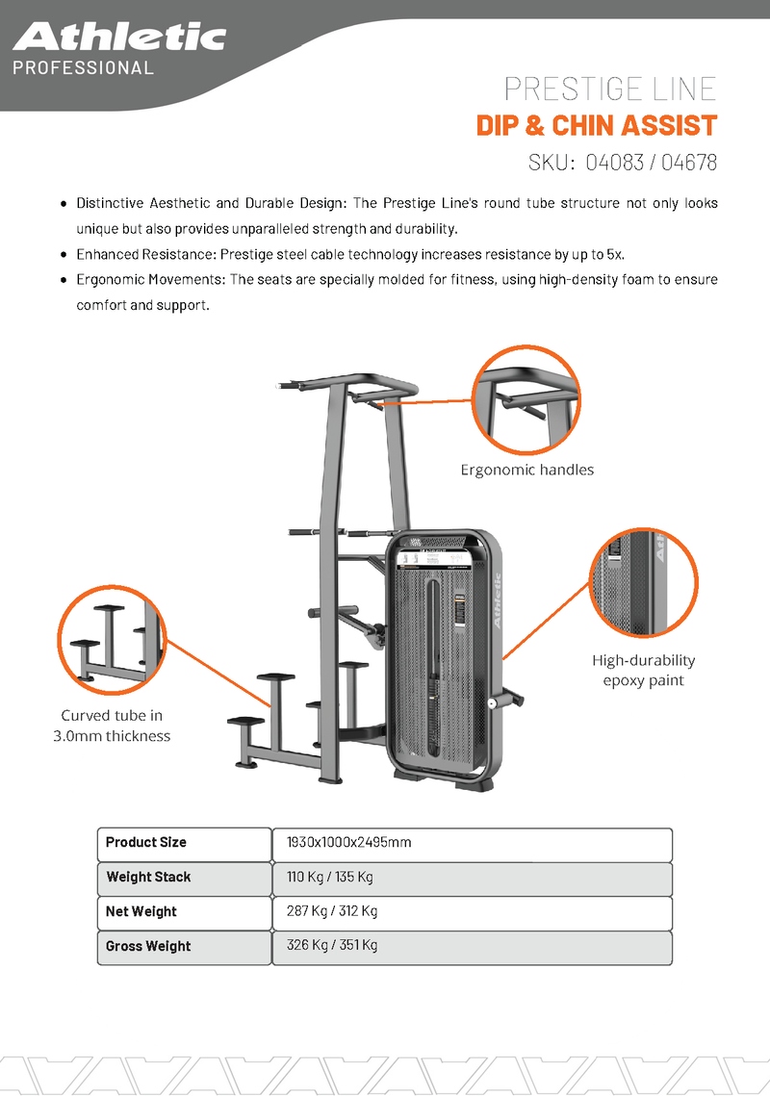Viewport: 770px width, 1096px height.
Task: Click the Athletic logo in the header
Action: [x=119, y=38]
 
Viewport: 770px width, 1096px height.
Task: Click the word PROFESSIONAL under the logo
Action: [x=83, y=68]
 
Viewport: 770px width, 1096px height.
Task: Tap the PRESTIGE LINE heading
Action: [x=610, y=89]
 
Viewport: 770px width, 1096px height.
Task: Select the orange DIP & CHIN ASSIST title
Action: [x=597, y=126]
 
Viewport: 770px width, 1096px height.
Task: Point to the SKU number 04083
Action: [x=613, y=163]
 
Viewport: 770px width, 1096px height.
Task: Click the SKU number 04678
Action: [x=688, y=163]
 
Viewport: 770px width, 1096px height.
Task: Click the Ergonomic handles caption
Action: [x=526, y=470]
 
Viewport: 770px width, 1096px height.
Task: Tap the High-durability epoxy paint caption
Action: [x=643, y=671]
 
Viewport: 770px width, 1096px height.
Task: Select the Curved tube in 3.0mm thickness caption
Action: [x=111, y=726]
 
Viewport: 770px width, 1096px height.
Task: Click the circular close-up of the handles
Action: [x=526, y=399]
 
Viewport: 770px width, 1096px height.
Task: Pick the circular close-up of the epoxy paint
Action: [x=643, y=582]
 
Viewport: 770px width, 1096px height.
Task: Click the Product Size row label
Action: [x=146, y=842]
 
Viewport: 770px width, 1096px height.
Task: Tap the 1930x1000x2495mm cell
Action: [x=348, y=842]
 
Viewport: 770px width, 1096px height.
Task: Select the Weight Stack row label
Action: [x=148, y=877]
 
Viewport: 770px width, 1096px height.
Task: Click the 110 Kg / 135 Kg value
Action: [x=329, y=877]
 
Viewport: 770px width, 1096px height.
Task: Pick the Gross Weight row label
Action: [x=148, y=946]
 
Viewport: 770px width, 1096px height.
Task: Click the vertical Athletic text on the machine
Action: [x=498, y=601]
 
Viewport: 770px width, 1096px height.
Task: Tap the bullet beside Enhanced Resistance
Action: [x=64, y=255]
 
